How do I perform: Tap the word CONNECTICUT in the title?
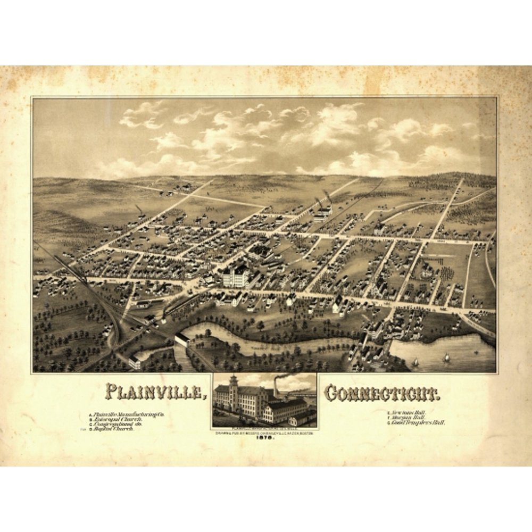coord(381,394)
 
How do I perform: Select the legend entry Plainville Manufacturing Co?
coord(128,414)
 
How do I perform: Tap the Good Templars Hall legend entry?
coord(418,422)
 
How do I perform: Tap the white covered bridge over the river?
coord(182,338)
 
